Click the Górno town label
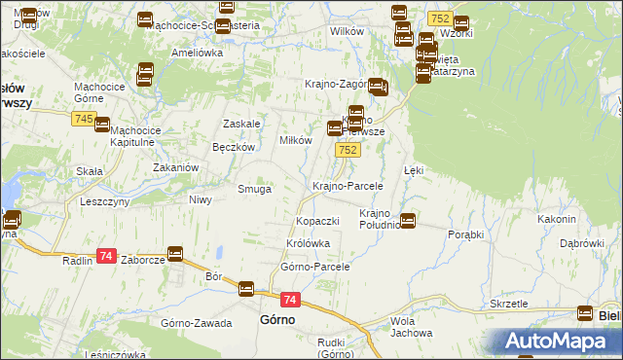coord(277,319)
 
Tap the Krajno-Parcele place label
coord(347,185)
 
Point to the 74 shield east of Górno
coord(290,301)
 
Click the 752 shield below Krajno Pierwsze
coord(348,150)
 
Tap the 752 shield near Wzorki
coord(439,19)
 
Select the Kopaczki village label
coord(317,222)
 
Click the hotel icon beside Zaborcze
coord(175,254)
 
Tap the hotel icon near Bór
coord(246,288)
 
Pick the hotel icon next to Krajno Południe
coord(408,221)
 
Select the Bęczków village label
coord(233,147)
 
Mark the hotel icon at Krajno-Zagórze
coord(378,88)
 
